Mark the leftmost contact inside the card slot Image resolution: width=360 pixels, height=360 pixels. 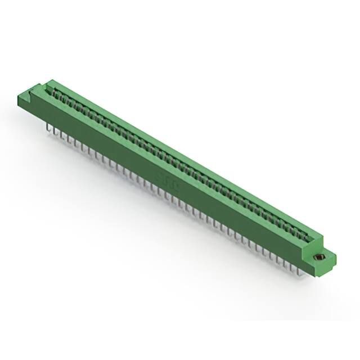[x=57, y=93]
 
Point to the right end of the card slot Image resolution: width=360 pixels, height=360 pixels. [x=309, y=236]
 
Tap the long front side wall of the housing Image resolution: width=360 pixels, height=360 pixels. [x=169, y=169]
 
